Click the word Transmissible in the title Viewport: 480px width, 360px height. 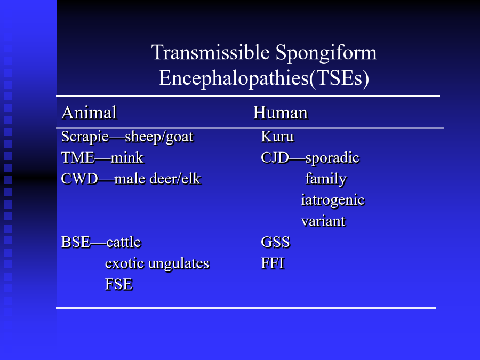click(x=211, y=52)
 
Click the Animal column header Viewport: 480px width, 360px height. click(x=89, y=113)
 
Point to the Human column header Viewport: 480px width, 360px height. click(x=281, y=113)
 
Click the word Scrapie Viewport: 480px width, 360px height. click(x=85, y=137)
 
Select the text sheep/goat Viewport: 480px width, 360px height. click(x=159, y=137)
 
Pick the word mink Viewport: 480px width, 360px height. click(x=127, y=158)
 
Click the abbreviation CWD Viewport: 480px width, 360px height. click(x=79, y=179)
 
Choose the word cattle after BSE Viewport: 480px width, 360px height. click(x=124, y=243)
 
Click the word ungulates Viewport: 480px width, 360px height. click(x=179, y=264)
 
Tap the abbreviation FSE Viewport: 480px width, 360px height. click(x=119, y=284)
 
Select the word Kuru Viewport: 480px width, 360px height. click(x=277, y=137)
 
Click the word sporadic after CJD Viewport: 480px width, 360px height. click(x=332, y=158)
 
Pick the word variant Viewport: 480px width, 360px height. click(x=324, y=221)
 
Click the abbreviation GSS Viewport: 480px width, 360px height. click(x=276, y=242)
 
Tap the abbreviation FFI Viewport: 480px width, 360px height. click(x=273, y=263)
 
